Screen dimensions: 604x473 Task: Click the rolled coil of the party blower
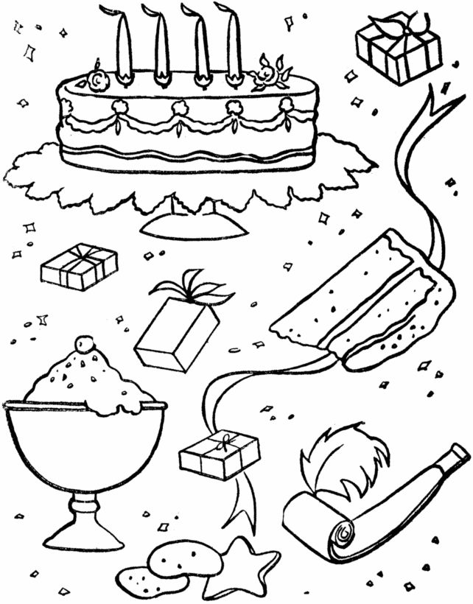[343, 532]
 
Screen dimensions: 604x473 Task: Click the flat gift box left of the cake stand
[79, 267]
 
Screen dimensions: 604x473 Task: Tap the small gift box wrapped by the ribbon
[219, 456]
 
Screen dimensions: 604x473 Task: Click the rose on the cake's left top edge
[96, 79]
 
